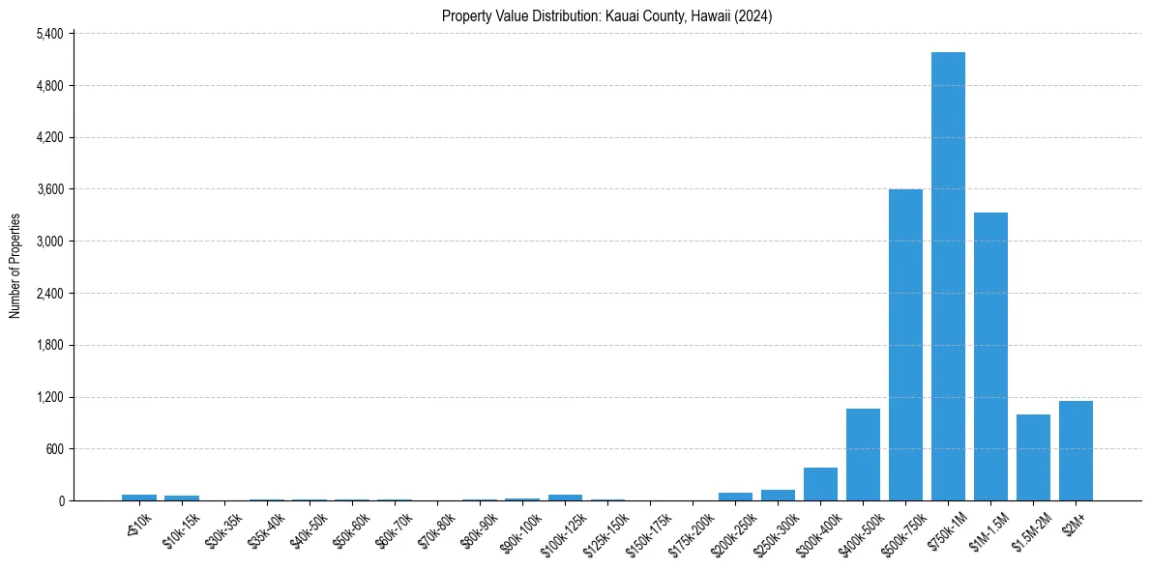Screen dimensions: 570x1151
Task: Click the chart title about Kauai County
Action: (606, 15)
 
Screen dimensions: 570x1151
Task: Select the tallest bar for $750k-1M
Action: (948, 276)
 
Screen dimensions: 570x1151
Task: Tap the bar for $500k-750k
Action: (905, 345)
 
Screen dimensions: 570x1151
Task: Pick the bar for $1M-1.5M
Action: (990, 356)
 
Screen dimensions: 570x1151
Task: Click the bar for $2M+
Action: (1076, 450)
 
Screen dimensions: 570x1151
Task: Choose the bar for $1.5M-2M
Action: (1033, 457)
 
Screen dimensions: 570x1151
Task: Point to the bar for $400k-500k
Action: (863, 454)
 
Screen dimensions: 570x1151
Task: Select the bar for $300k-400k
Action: (820, 484)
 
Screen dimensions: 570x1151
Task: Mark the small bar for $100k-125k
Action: (565, 497)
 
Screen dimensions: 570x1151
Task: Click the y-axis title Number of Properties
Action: (15, 266)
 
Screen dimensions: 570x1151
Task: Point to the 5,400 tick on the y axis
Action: (48, 34)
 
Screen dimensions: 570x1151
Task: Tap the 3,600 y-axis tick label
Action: (48, 189)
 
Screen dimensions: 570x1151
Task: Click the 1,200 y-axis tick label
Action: (48, 397)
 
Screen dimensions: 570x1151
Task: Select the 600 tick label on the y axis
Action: (52, 449)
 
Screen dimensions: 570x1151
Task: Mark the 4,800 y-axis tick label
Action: (48, 86)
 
